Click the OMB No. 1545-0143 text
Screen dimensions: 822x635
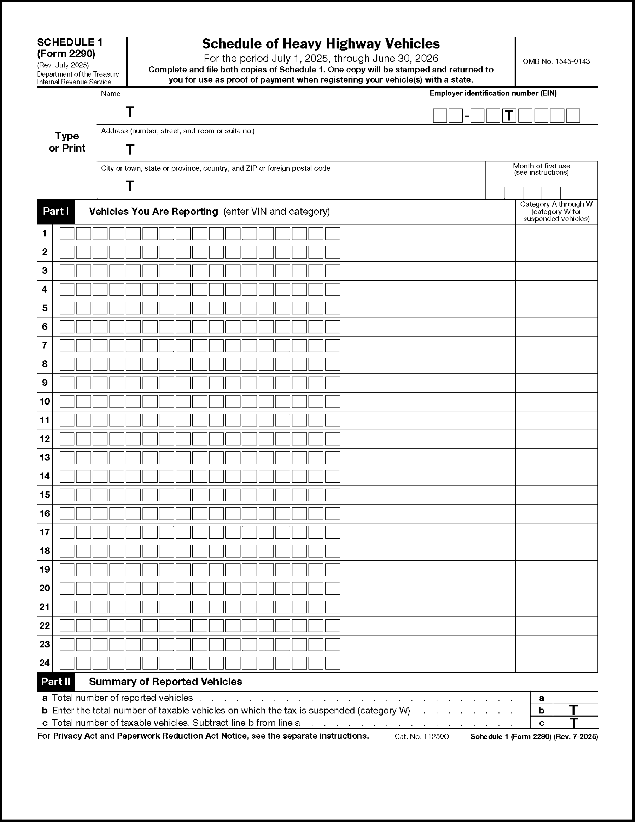tap(556, 61)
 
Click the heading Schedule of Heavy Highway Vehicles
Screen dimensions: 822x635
tap(321, 44)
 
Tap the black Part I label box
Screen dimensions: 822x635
tap(56, 211)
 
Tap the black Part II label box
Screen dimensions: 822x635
tap(56, 681)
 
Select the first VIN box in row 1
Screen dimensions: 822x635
tap(67, 233)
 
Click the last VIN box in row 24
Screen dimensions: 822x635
tap(332, 663)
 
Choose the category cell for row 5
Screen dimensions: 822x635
tap(556, 308)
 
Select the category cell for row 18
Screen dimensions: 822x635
tap(556, 551)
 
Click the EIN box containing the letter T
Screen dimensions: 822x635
tap(509, 116)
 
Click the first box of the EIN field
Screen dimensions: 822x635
tap(440, 116)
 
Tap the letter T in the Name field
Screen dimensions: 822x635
tap(130, 112)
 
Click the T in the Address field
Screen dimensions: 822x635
tap(130, 149)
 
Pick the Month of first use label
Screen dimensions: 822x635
tap(541, 169)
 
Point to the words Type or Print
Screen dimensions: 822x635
tap(67, 142)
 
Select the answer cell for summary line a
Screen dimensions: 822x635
tap(575, 698)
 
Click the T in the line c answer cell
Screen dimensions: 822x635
tap(574, 723)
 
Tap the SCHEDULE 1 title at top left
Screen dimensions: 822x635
tap(70, 42)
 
